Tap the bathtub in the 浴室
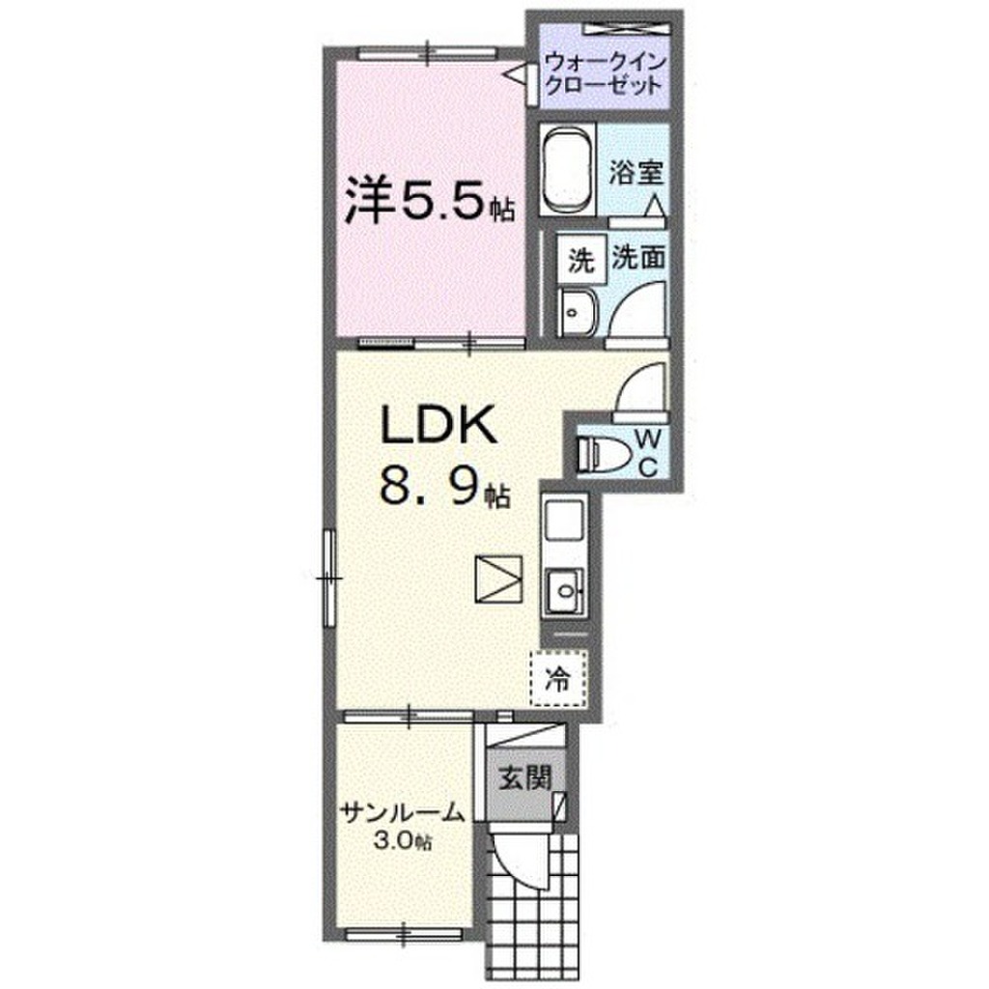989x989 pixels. click(567, 170)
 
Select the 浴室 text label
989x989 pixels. click(637, 174)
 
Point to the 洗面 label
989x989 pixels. click(637, 259)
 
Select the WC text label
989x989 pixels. click(649, 452)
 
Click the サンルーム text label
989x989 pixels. click(399, 814)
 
